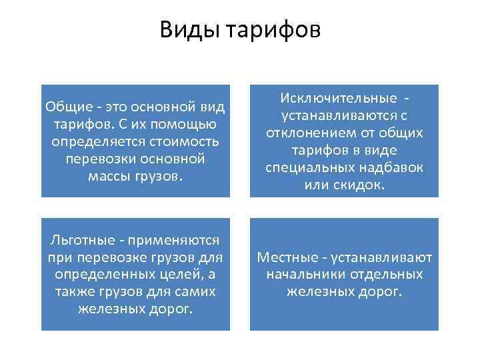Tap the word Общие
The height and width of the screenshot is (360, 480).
coord(65,107)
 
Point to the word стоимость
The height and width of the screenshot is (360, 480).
coord(189,143)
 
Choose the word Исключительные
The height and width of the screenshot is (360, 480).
coord(336,99)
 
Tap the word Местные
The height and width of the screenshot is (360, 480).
coord(285,257)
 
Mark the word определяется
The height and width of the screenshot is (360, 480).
coord(91,143)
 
